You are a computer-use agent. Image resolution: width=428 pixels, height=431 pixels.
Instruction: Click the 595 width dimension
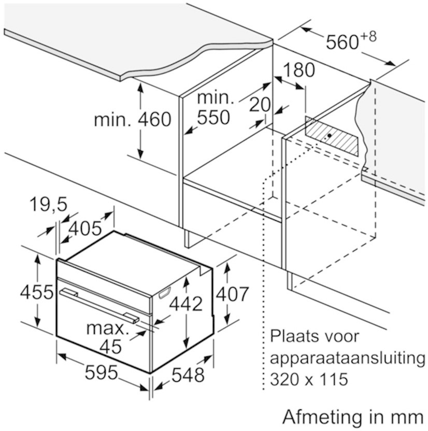tap(101, 372)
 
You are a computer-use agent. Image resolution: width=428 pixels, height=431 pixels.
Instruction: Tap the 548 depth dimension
tap(188, 375)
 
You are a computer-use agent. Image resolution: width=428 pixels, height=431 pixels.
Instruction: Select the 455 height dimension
tap(37, 292)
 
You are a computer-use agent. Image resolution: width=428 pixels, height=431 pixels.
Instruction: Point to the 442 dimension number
tap(186, 304)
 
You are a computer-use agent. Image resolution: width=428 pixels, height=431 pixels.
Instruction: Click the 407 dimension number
tap(232, 294)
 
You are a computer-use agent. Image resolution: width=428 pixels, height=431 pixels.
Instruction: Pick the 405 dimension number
tap(85, 228)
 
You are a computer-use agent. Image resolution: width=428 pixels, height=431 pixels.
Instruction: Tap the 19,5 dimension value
tap(48, 204)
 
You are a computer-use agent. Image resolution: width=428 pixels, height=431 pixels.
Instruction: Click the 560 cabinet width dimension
tap(343, 42)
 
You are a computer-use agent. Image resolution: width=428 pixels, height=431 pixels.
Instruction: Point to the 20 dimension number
tap(260, 105)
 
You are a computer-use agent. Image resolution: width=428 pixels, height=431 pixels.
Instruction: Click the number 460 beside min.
tap(154, 119)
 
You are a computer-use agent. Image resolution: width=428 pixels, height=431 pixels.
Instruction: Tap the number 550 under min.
tap(213, 118)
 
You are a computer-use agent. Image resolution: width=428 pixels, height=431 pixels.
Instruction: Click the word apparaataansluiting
tap(348, 358)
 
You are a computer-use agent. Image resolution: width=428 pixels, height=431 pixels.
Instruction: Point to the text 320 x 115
tap(309, 379)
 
